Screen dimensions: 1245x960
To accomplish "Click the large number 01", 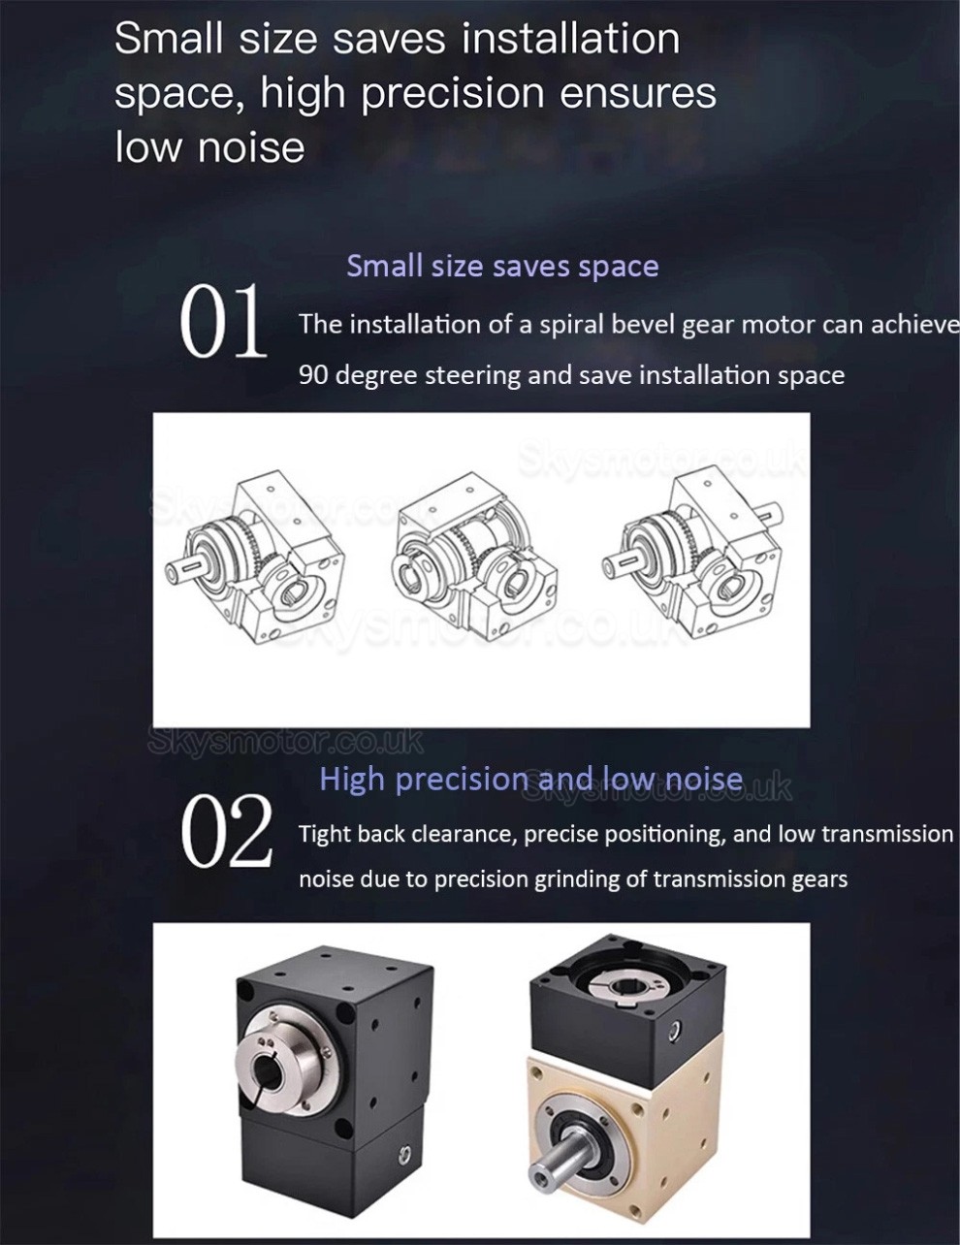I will pyautogui.click(x=223, y=322).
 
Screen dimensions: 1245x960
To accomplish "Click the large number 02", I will pyautogui.click(x=226, y=832).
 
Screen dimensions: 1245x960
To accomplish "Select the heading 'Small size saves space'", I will pyautogui.click(x=502, y=266).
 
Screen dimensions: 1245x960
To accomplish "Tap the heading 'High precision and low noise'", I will pyautogui.click(x=530, y=779).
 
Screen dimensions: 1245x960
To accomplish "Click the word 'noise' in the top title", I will pyautogui.click(x=250, y=147).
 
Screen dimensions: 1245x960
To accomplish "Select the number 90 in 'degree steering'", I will pyautogui.click(x=313, y=375).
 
